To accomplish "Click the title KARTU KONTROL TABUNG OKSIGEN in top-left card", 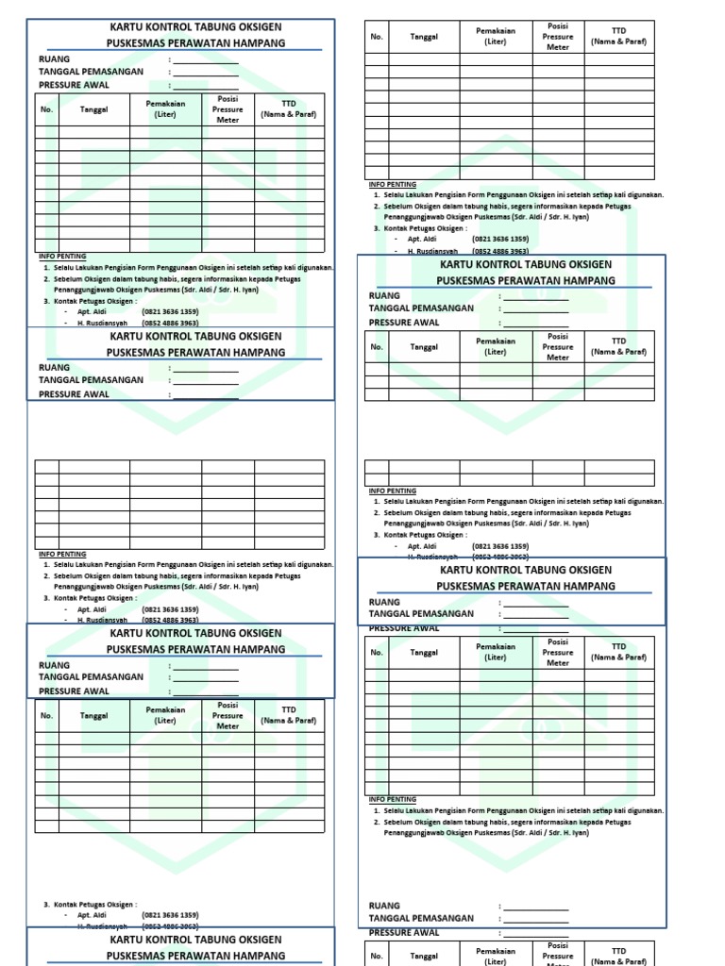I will pyautogui.click(x=195, y=27).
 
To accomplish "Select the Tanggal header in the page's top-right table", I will pyautogui.click(x=424, y=37).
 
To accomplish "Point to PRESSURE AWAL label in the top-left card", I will pyautogui.click(x=74, y=85).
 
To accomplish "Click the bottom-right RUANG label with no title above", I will pyautogui.click(x=384, y=906).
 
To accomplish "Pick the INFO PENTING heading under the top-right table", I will pyautogui.click(x=392, y=184).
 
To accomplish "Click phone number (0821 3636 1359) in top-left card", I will pyautogui.click(x=171, y=312).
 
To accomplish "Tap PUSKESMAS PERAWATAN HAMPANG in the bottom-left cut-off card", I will pyautogui.click(x=195, y=955).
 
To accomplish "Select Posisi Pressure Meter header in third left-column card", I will pyautogui.click(x=228, y=715).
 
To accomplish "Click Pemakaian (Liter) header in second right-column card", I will pyautogui.click(x=496, y=346).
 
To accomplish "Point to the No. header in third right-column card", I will pyautogui.click(x=377, y=652).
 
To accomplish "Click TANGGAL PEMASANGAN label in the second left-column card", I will pyautogui.click(x=91, y=380).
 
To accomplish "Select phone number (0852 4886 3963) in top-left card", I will pyautogui.click(x=171, y=324).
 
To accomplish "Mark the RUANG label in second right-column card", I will pyautogui.click(x=384, y=296).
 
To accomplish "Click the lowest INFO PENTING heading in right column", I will pyautogui.click(x=392, y=799).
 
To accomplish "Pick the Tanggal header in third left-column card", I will pyautogui.click(x=94, y=715).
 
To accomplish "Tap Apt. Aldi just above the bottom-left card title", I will pyautogui.click(x=92, y=915).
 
